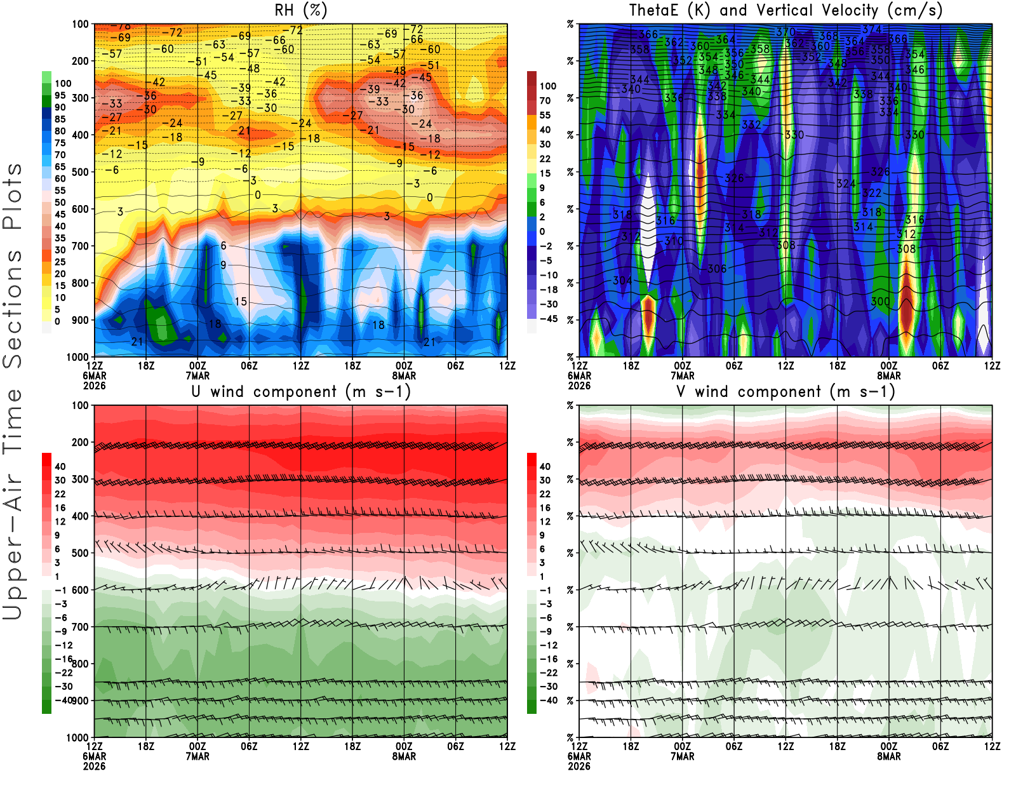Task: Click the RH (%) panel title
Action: pyautogui.click(x=300, y=10)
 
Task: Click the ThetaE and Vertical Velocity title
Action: pyautogui.click(x=785, y=10)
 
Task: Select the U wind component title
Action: pyautogui.click(x=300, y=391)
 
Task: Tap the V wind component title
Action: pyautogui.click(x=785, y=391)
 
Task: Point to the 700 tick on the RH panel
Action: pyautogui.click(x=80, y=246)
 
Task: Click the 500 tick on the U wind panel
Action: pyautogui.click(x=80, y=553)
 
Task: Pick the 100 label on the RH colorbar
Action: pyautogui.click(x=63, y=83)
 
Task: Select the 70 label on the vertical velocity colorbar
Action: pyautogui.click(x=545, y=100)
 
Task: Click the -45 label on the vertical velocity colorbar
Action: pyautogui.click(x=548, y=319)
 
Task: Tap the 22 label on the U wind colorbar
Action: pyautogui.click(x=60, y=494)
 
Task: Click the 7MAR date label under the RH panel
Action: pyautogui.click(x=197, y=376)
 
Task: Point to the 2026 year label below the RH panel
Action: pyautogui.click(x=94, y=386)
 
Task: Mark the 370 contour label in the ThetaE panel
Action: pyautogui.click(x=785, y=32)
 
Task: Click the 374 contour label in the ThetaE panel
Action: pyautogui.click(x=872, y=29)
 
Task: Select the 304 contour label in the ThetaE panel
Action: pyautogui.click(x=622, y=280)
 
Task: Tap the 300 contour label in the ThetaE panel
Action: pyautogui.click(x=880, y=301)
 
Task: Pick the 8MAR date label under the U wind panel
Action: pyautogui.click(x=404, y=756)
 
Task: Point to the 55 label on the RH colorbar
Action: pyautogui.click(x=60, y=191)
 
